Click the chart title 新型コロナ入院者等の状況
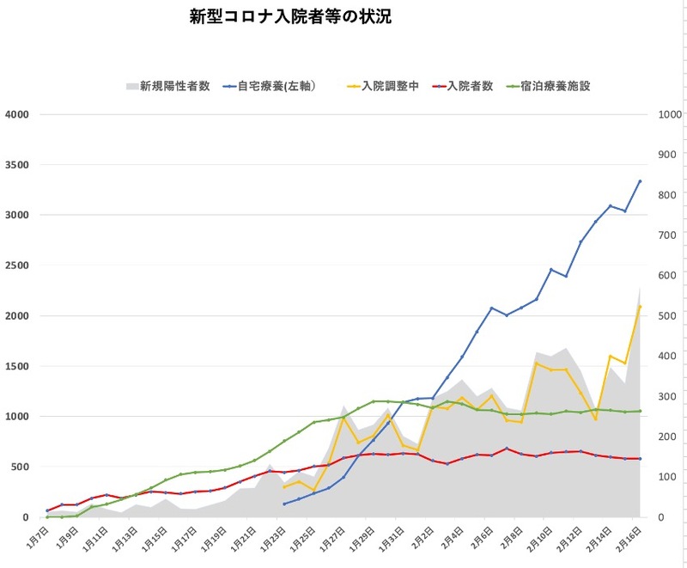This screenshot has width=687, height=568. click(x=290, y=17)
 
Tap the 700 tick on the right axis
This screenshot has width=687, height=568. click(x=668, y=235)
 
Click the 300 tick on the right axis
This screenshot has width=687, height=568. click(x=668, y=396)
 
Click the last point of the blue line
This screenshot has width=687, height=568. click(x=640, y=180)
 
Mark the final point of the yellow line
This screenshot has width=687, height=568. click(x=640, y=307)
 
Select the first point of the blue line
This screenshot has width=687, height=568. click(x=284, y=504)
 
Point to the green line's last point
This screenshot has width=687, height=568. click(x=640, y=411)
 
